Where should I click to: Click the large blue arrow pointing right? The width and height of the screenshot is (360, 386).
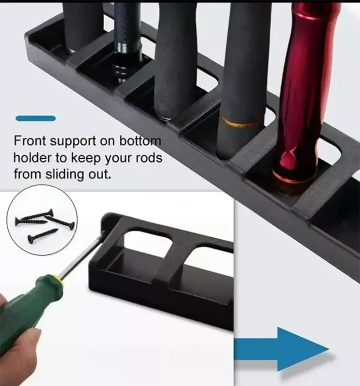[x=281, y=349]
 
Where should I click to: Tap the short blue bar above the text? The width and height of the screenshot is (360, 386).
[x=36, y=118]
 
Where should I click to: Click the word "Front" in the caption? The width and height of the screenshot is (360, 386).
[x=30, y=141]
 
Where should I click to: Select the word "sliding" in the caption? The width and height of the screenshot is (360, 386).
[x=65, y=175]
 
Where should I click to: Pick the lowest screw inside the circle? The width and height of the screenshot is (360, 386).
[x=42, y=235]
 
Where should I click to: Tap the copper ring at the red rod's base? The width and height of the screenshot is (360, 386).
[x=293, y=177]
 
